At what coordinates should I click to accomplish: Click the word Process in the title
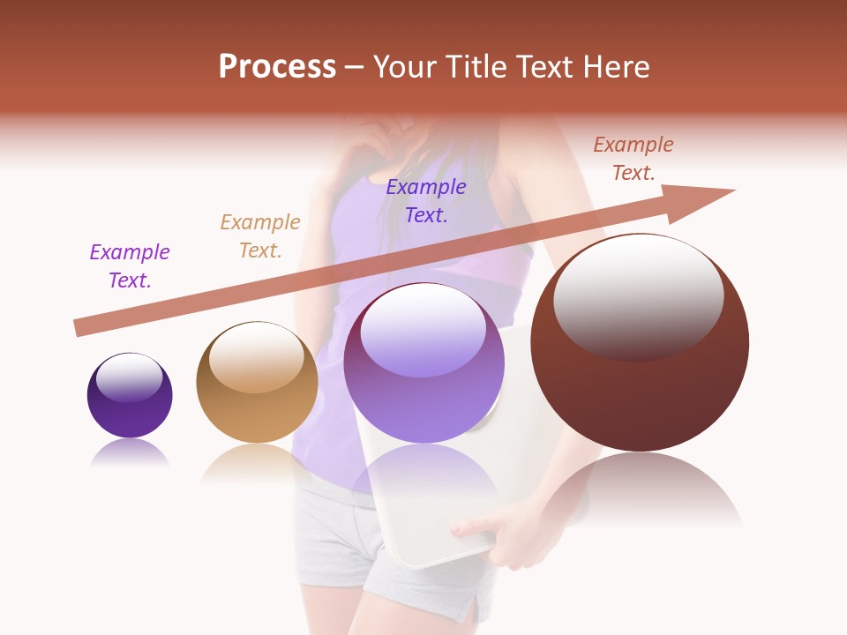tap(277, 67)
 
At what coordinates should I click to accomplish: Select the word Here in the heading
tap(618, 67)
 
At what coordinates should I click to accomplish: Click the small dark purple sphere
tap(130, 396)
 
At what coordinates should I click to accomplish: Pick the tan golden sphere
tap(257, 383)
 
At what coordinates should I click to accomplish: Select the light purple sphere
tap(423, 363)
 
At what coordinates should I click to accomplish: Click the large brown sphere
tap(640, 344)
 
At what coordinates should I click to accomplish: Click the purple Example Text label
tap(130, 266)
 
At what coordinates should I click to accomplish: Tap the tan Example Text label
tap(260, 236)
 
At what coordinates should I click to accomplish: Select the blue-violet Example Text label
tap(426, 201)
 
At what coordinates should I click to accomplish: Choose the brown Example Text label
tap(633, 159)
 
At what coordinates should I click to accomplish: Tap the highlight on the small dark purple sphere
tap(130, 377)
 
